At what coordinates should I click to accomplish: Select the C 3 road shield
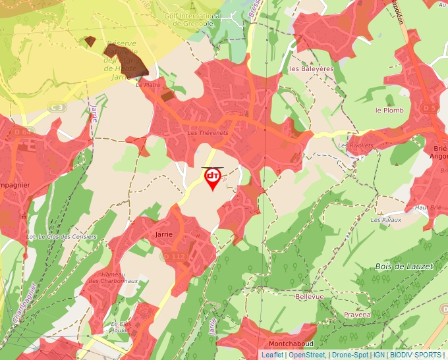pos(57,107)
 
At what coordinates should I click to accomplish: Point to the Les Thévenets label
pos(208,133)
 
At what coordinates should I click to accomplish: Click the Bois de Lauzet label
pos(404,267)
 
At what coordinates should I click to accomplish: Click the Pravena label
pos(357,315)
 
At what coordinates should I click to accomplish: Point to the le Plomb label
pos(389,111)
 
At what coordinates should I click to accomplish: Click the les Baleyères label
pos(312,68)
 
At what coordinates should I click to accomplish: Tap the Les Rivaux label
pos(385,220)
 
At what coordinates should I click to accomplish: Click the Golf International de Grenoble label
pos(193,19)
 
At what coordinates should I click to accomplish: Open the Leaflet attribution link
pos(272,355)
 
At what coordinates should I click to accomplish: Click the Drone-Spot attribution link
pos(350,355)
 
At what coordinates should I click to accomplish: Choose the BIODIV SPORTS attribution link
pos(416,355)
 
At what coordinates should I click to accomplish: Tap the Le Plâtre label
pos(148,85)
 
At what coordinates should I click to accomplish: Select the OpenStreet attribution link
pos(306,355)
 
